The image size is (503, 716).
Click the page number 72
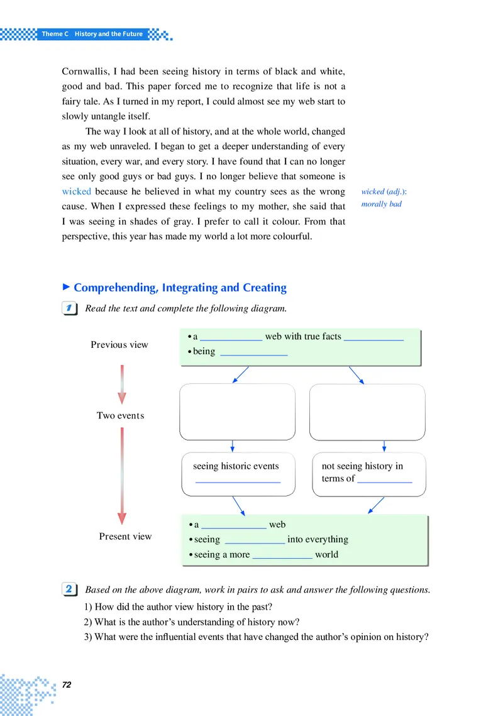coord(68,685)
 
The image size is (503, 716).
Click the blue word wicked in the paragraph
coord(77,191)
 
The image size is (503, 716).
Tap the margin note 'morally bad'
coord(382,204)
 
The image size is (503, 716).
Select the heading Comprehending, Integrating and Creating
coord(180,288)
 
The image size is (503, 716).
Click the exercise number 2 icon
coord(70,590)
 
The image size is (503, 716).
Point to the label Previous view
coord(119,344)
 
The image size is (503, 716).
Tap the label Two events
coord(120,415)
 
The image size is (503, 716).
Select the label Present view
coord(125,536)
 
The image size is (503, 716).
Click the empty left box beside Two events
coord(237,411)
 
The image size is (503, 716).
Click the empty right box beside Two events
coord(367,411)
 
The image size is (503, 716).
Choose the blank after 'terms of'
coord(385,480)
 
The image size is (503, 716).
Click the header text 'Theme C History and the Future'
coord(92,33)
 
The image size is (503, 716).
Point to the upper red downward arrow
coord(122,384)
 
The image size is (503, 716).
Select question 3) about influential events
coord(257,636)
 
